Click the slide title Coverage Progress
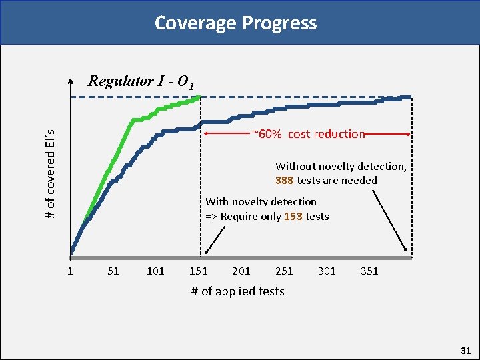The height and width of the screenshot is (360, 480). click(x=235, y=23)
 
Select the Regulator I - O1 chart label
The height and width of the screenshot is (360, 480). click(x=141, y=82)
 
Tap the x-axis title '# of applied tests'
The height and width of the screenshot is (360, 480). click(x=237, y=291)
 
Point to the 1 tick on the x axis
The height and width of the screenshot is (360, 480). click(x=70, y=271)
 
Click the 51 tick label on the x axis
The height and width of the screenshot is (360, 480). click(x=113, y=271)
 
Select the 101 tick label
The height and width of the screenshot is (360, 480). click(x=155, y=271)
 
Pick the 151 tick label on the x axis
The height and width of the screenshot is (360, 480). click(x=198, y=271)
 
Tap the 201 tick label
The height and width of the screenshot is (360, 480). click(x=241, y=271)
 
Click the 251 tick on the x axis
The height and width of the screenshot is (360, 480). click(x=283, y=271)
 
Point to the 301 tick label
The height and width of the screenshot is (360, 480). click(x=327, y=271)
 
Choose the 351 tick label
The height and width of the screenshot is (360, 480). click(x=369, y=271)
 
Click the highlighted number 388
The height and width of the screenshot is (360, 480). click(x=285, y=181)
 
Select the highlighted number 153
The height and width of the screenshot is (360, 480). click(x=293, y=217)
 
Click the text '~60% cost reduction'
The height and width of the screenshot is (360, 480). click(x=308, y=134)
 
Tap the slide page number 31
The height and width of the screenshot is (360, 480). click(x=465, y=350)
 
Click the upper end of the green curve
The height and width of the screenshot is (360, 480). click(x=199, y=98)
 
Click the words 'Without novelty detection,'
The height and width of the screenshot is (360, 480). click(x=340, y=166)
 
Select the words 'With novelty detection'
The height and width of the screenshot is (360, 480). click(x=261, y=201)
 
